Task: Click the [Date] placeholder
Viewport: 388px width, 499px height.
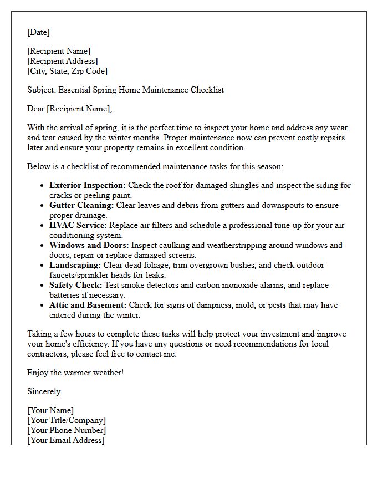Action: point(38,32)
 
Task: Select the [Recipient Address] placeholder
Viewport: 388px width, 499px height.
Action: point(63,61)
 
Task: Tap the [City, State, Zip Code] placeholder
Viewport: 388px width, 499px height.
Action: point(68,71)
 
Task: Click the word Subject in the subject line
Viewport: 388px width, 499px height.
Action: point(42,90)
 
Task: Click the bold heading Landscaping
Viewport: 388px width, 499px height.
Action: point(75,265)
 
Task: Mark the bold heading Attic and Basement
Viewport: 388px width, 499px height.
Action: point(88,305)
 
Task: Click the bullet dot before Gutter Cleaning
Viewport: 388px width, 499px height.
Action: point(42,206)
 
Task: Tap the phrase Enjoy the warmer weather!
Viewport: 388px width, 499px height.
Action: point(75,373)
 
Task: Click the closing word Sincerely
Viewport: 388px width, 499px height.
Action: point(44,391)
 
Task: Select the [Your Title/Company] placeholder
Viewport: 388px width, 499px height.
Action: point(67,420)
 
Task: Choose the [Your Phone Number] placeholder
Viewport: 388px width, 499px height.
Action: point(67,430)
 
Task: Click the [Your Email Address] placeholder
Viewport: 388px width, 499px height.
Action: point(66,440)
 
